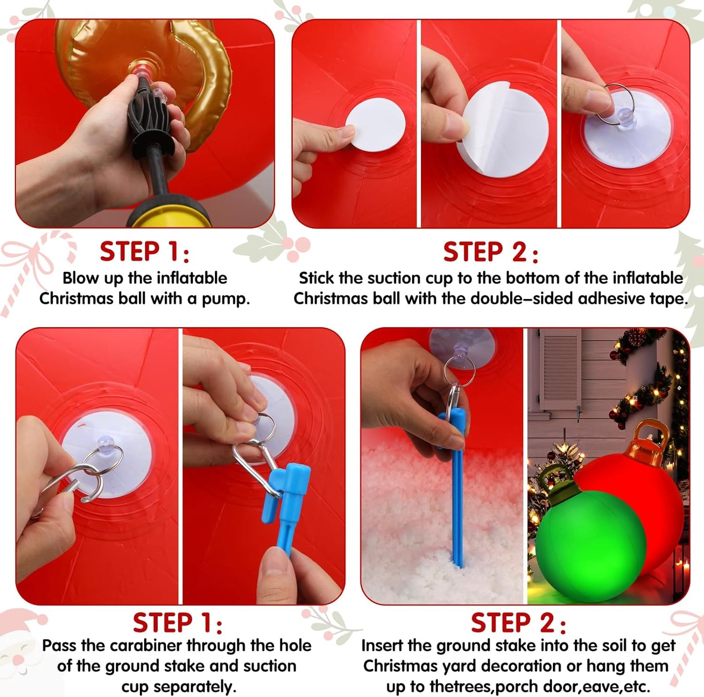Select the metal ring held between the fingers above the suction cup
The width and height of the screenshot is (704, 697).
coord(618,105)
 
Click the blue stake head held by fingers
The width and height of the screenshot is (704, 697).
coord(292,492)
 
